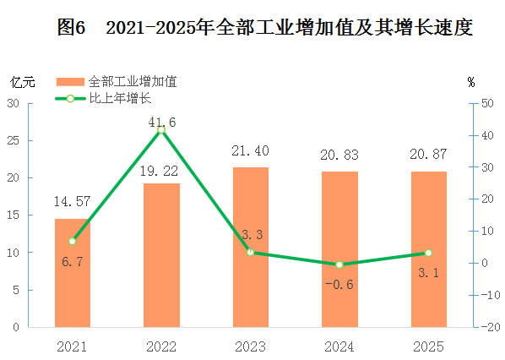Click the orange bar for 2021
tap(73, 273)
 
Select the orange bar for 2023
tap(251, 248)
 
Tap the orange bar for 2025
tap(429, 249)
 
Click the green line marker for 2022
tap(161, 130)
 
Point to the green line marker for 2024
tap(339, 265)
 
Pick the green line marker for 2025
tap(428, 253)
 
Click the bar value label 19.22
tap(159, 172)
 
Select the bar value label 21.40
tap(250, 150)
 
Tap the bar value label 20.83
tap(339, 155)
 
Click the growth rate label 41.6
tap(162, 123)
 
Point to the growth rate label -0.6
tap(339, 285)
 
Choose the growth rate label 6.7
tap(73, 261)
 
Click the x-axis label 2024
tap(339, 346)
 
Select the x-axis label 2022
tap(161, 346)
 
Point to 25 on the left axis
tap(14, 140)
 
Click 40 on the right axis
tap(487, 135)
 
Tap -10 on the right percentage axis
tap(491, 295)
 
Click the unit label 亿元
tap(23, 83)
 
